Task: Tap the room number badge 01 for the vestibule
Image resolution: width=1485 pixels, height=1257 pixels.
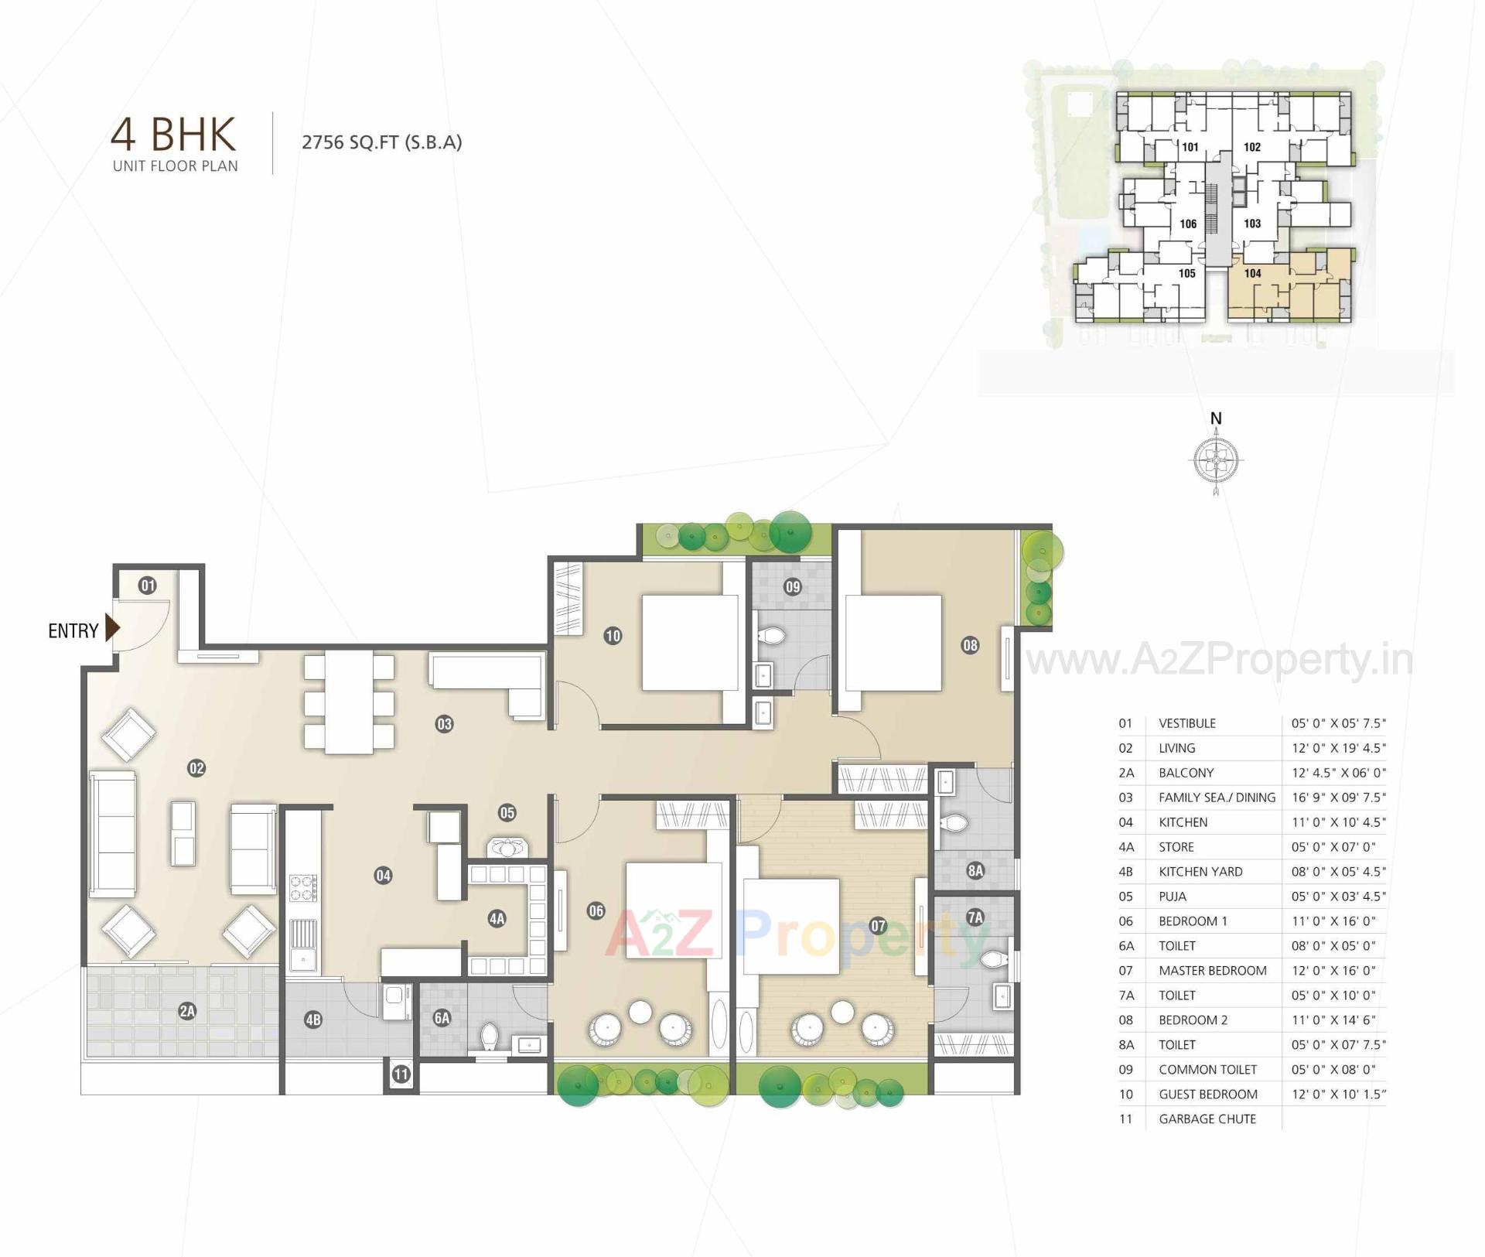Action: tap(147, 586)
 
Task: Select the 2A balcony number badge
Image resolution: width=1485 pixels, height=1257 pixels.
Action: tap(186, 1010)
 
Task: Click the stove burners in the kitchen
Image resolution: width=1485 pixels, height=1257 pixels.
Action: tap(303, 887)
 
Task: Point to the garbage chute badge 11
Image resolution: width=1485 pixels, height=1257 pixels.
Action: tap(401, 1074)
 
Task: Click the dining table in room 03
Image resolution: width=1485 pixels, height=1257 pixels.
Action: tap(349, 702)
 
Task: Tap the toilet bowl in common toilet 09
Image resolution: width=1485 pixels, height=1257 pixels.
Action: tap(772, 637)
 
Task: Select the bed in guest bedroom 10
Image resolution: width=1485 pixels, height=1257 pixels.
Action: tap(690, 642)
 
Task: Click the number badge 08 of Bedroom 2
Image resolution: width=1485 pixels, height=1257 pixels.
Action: tap(970, 644)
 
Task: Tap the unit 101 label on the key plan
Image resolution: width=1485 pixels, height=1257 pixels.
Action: tap(1190, 147)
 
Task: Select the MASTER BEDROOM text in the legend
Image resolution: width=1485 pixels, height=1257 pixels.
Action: tap(1212, 970)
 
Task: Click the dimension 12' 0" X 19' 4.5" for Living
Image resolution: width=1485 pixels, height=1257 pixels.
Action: tap(1338, 748)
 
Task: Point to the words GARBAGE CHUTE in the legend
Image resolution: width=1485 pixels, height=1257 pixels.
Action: tap(1207, 1119)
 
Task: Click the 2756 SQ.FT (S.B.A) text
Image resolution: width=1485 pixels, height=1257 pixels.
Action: tap(381, 142)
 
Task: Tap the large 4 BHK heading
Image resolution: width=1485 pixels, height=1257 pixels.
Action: tap(173, 134)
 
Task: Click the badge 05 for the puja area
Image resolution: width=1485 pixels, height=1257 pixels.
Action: tap(507, 812)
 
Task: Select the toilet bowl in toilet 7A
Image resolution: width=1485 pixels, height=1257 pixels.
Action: tap(992, 960)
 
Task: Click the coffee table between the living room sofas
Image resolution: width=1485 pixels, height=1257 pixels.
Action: tap(183, 833)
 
